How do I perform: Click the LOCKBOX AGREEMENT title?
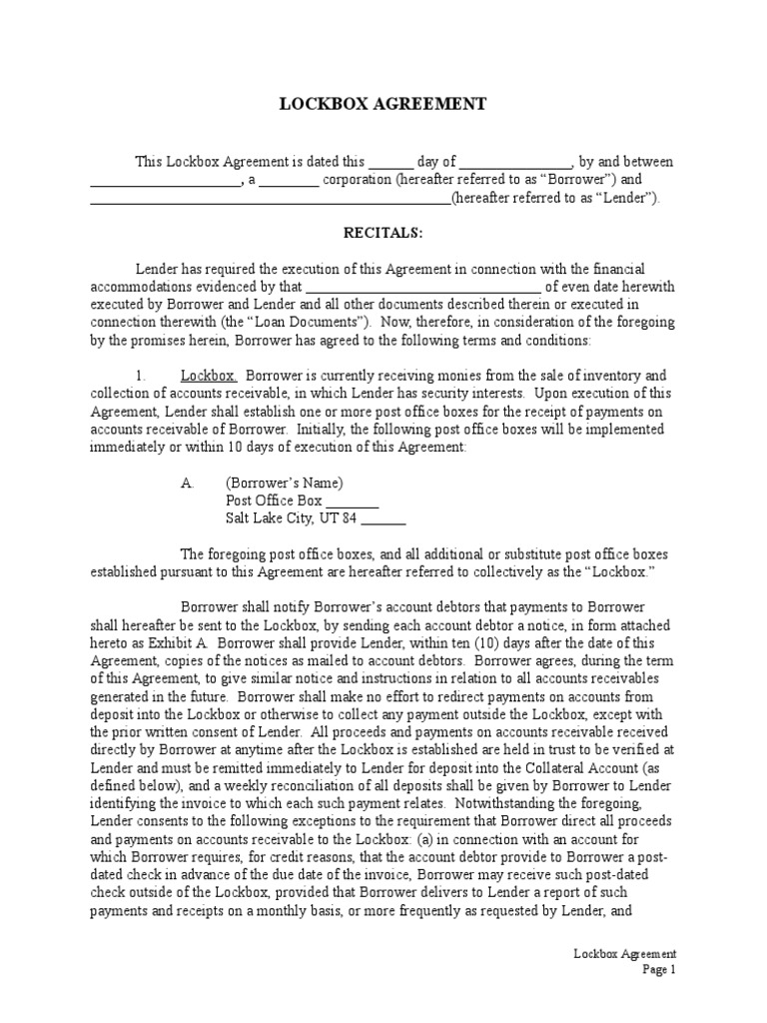383,104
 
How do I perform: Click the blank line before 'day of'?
390,162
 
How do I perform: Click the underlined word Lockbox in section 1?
208,376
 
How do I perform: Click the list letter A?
187,483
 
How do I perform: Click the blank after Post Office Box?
353,502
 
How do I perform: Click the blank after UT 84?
383,519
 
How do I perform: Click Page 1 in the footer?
659,969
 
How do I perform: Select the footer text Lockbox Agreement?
625,953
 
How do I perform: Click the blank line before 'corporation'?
290,180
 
